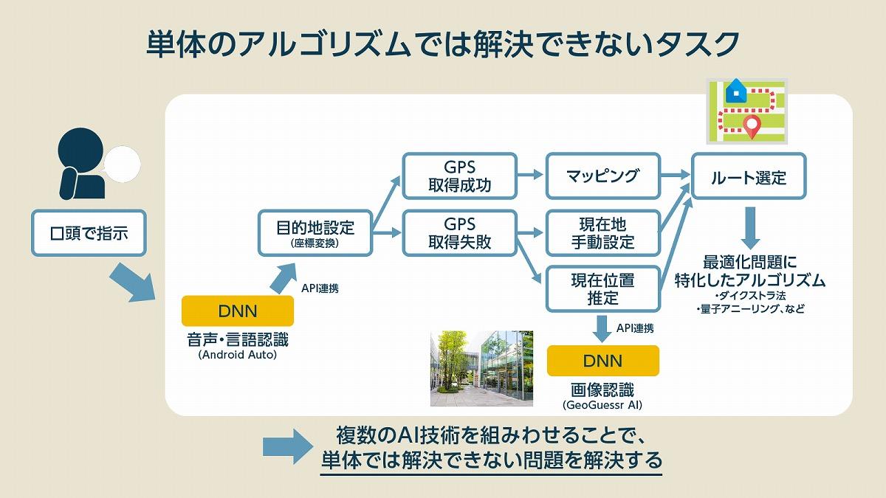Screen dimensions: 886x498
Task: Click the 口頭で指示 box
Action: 89,233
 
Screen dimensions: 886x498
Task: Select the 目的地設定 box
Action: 315,233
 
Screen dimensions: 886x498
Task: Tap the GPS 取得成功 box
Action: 459,176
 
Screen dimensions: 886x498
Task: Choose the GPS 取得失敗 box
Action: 459,233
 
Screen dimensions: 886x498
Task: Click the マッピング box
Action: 603,176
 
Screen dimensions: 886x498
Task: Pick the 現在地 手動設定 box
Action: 603,233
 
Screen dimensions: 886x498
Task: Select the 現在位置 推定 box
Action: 603,289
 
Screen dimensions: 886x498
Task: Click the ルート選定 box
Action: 749,176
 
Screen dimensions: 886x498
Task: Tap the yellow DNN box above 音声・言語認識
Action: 238,311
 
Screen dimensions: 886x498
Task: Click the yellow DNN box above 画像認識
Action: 603,361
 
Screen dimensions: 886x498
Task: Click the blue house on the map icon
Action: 736,91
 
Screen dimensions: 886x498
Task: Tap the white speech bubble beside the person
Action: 123,164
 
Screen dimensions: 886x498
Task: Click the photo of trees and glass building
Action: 481,368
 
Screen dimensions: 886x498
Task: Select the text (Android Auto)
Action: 238,355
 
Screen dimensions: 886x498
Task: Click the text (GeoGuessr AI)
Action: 602,405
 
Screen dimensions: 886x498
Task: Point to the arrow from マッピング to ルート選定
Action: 676,175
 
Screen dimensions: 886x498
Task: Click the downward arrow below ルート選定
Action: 750,228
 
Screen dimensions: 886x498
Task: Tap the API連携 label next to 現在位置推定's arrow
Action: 635,328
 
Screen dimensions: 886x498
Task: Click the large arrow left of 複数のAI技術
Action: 288,446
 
